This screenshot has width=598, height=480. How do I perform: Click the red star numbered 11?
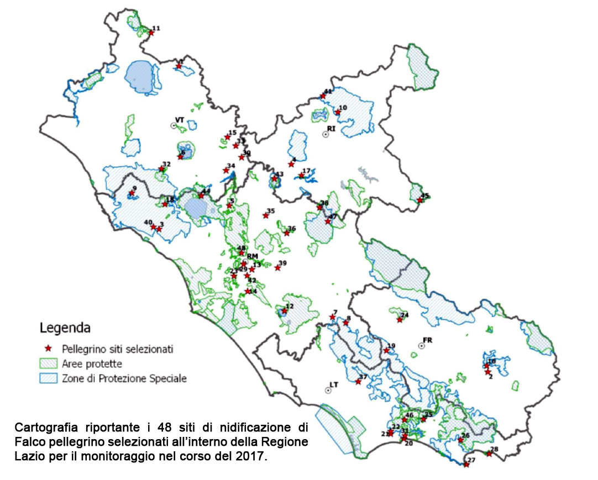pyautogui.click(x=151, y=33)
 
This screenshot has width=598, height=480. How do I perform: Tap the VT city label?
pyautogui.click(x=179, y=119)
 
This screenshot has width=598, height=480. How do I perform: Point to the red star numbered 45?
pyautogui.click(x=419, y=201)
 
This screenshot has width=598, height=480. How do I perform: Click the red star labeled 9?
pyautogui.click(x=132, y=193)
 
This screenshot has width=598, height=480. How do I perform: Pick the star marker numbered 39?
pyautogui.click(x=277, y=268)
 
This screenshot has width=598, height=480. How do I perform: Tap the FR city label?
pyautogui.click(x=427, y=339)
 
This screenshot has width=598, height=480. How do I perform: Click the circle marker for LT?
pyautogui.click(x=328, y=390)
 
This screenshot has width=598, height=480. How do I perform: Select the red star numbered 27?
pyautogui.click(x=466, y=465)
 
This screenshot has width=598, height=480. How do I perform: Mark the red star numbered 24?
pyautogui.click(x=399, y=320)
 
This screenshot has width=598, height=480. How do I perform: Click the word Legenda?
pyautogui.click(x=65, y=328)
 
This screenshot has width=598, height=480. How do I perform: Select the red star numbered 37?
pyautogui.click(x=358, y=382)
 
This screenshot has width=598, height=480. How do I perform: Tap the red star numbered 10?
pyautogui.click(x=338, y=112)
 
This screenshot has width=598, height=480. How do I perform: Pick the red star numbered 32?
pyautogui.click(x=161, y=169)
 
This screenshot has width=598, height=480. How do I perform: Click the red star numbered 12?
pyautogui.click(x=284, y=311)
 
